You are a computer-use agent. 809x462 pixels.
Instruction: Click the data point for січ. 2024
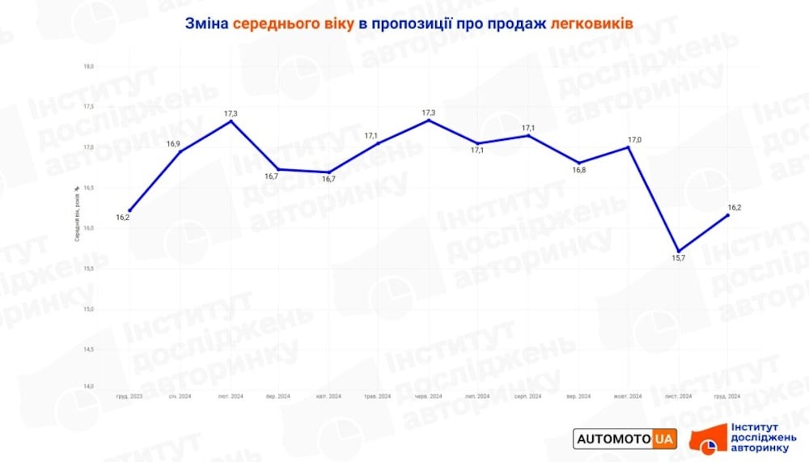[x=180, y=151]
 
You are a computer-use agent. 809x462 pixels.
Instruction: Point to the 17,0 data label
[x=634, y=140]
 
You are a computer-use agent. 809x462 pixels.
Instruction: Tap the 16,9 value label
[x=174, y=144]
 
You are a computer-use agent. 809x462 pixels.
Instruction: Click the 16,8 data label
[x=578, y=170]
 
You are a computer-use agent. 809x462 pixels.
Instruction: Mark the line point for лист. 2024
[x=678, y=251]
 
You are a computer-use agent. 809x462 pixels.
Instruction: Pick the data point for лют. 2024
[x=231, y=121]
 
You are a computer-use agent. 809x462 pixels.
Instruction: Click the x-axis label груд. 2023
[x=129, y=396]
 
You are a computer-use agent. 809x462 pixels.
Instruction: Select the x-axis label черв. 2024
[x=429, y=396]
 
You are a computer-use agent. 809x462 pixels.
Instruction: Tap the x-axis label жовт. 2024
[x=628, y=396]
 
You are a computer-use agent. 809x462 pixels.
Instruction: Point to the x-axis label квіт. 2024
[x=328, y=396]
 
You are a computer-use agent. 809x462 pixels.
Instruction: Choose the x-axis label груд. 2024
[x=727, y=396]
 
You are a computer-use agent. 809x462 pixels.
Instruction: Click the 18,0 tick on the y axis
[x=88, y=66]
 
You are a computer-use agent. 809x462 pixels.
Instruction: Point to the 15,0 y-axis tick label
[x=88, y=309]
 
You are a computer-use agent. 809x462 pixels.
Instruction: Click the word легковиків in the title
[x=591, y=23]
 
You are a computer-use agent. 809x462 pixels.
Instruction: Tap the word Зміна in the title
[x=207, y=23]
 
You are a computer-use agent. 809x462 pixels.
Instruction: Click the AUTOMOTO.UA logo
[x=625, y=439]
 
